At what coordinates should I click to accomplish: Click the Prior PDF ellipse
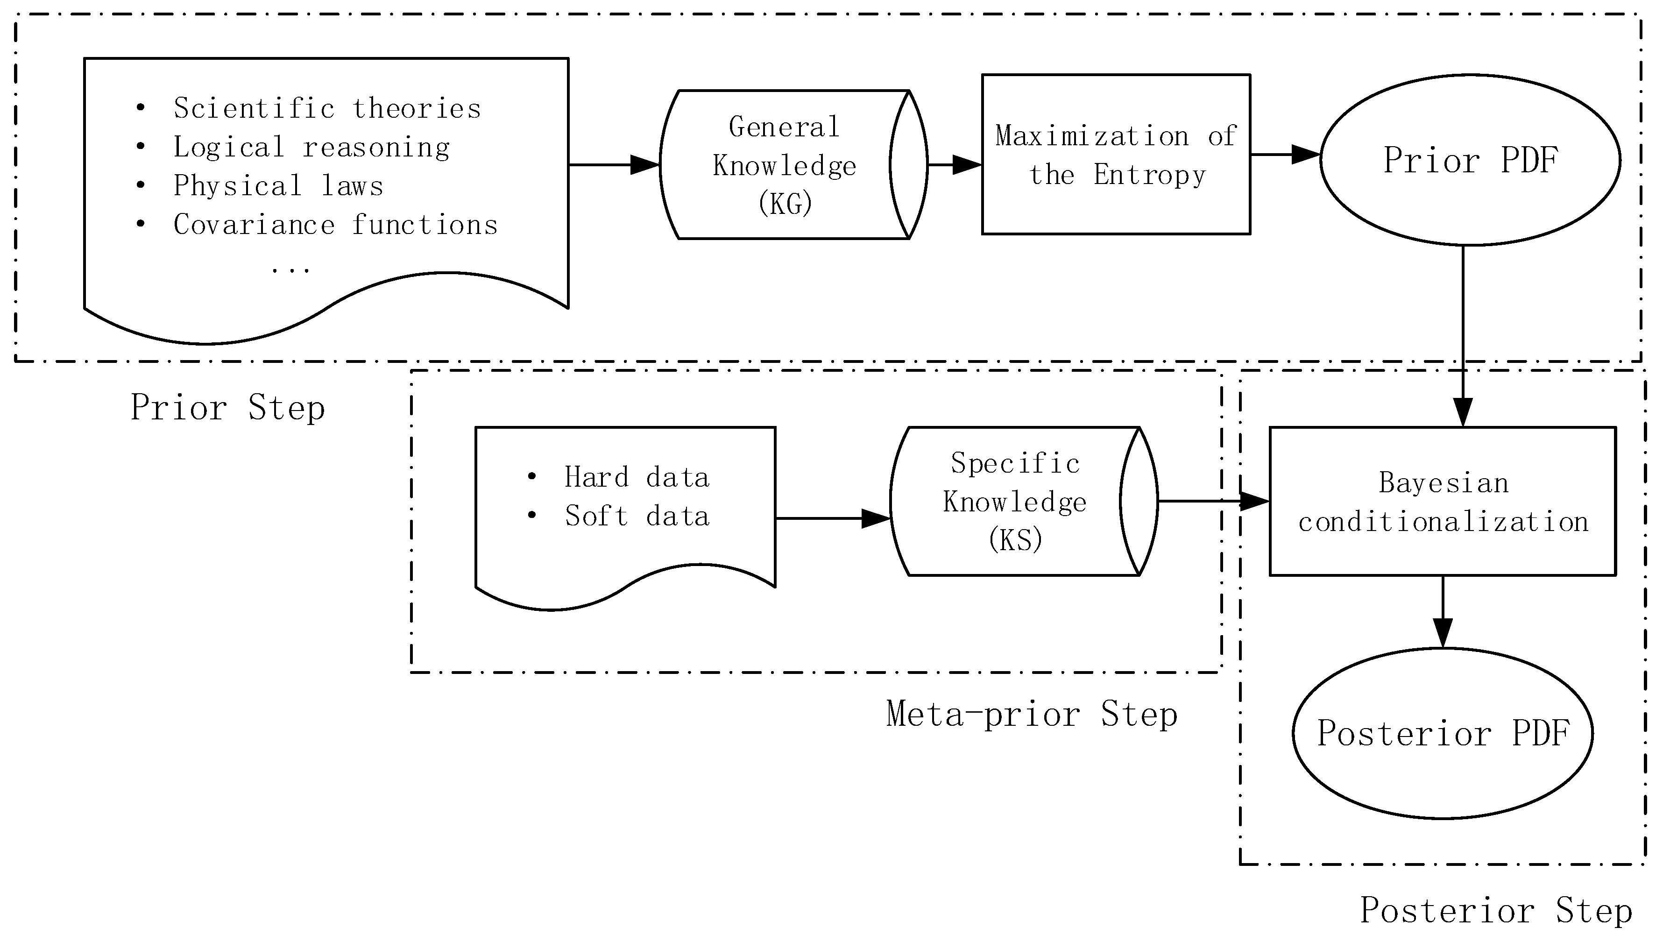click(x=1470, y=160)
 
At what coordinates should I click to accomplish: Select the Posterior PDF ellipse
click(x=1443, y=733)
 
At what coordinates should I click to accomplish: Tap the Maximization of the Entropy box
click(x=1116, y=155)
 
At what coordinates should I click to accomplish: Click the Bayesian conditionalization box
click(x=1443, y=502)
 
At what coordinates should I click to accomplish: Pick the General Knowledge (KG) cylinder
click(x=784, y=165)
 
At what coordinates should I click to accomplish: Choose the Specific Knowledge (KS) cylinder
click(x=1014, y=502)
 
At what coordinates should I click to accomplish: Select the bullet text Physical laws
click(x=278, y=186)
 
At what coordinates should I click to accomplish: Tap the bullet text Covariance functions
click(x=335, y=225)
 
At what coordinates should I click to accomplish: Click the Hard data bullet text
click(x=637, y=477)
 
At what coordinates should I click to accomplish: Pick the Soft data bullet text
click(x=637, y=516)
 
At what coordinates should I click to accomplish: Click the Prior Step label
click(x=228, y=408)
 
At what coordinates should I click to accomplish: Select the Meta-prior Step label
click(x=1031, y=714)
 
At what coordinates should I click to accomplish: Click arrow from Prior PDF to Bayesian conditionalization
click(x=1463, y=336)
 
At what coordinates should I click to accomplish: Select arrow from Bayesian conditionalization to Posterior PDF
click(x=1443, y=611)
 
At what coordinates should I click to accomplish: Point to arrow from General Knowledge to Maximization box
click(x=955, y=165)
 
